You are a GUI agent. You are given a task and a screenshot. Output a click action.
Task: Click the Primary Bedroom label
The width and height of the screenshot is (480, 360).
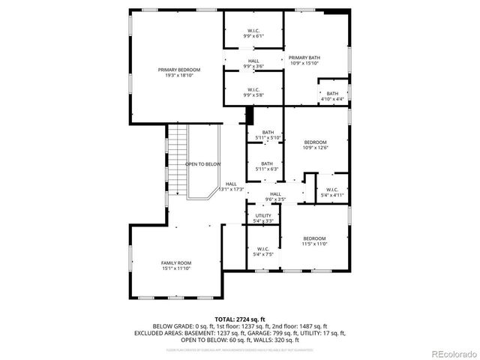(x=178, y=72)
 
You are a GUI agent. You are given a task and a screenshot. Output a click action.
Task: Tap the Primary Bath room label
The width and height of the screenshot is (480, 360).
(x=304, y=60)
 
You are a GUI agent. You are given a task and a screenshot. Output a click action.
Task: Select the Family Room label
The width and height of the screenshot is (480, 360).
(x=176, y=265)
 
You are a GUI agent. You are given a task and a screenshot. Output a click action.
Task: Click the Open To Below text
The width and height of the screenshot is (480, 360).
(x=202, y=163)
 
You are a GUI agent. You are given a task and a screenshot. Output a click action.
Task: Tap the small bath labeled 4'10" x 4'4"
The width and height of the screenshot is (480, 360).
(x=332, y=96)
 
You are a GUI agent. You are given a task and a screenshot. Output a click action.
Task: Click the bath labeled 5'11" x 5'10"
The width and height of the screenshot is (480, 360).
(x=268, y=135)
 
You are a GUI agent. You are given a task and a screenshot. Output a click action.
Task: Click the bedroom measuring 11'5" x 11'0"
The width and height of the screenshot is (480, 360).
(x=314, y=241)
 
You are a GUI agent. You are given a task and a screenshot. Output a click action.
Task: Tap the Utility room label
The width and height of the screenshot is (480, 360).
(x=262, y=218)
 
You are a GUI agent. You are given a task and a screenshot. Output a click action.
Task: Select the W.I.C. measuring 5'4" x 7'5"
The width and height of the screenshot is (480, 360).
(x=262, y=251)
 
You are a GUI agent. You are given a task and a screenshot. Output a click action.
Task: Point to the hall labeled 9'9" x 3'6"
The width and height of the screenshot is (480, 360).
(x=253, y=64)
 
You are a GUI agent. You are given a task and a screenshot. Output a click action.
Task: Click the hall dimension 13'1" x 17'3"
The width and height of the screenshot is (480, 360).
(x=231, y=190)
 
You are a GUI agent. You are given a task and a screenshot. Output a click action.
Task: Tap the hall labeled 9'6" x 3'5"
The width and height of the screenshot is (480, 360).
(x=275, y=197)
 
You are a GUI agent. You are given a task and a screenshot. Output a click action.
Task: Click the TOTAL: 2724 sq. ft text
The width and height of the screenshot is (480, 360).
(x=240, y=319)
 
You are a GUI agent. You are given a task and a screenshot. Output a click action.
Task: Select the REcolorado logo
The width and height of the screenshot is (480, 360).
(x=447, y=353)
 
